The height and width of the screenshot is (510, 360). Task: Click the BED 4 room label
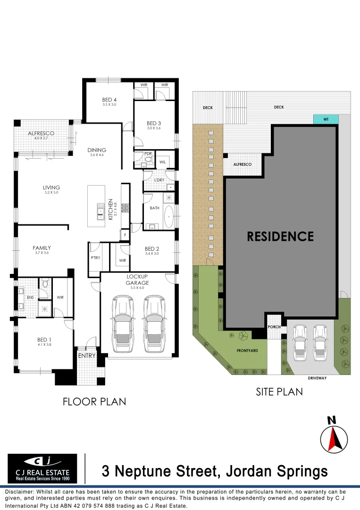[x=109, y=100]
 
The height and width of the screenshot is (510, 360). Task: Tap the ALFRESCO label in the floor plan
[x=41, y=134]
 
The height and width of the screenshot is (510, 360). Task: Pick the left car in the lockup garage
[x=122, y=324]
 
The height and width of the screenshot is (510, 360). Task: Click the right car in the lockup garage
[x=155, y=324]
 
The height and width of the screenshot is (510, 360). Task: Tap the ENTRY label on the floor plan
[x=86, y=356]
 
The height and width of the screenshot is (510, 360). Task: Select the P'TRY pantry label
[x=94, y=259]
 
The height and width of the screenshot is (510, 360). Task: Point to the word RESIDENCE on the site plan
[x=280, y=236]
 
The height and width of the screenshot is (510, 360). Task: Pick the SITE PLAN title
[x=279, y=391]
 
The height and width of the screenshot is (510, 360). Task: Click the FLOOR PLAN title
[x=94, y=402]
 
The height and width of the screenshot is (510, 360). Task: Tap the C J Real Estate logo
[x=42, y=468]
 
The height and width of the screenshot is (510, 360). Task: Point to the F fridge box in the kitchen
[x=125, y=234]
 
